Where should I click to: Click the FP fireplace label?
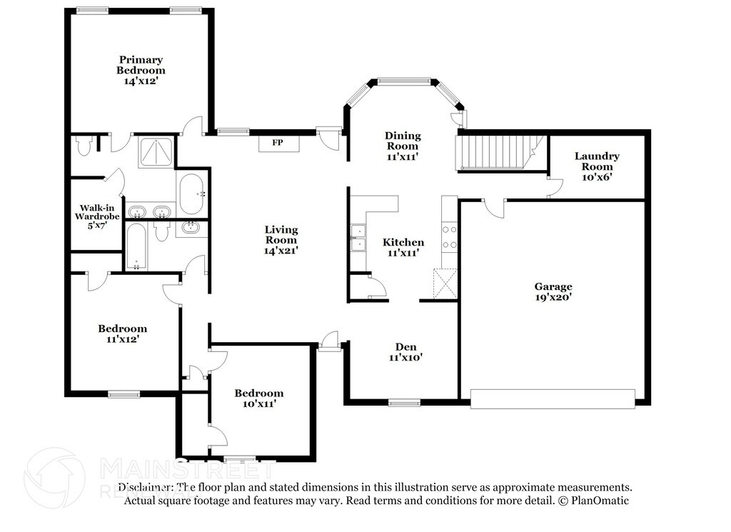278,143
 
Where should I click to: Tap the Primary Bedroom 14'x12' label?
141,70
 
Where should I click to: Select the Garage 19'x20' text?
553,292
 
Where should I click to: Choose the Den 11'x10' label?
405,352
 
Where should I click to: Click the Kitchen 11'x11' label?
403,247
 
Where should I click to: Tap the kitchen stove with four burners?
450,237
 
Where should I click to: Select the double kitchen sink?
358,238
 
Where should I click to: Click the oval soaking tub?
191,194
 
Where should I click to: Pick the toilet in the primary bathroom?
84,146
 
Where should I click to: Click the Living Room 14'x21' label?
281,240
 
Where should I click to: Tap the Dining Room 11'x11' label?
403,146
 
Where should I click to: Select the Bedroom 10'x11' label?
259,398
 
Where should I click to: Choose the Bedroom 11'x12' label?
122,333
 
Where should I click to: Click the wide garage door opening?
553,399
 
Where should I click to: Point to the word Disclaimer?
146,487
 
